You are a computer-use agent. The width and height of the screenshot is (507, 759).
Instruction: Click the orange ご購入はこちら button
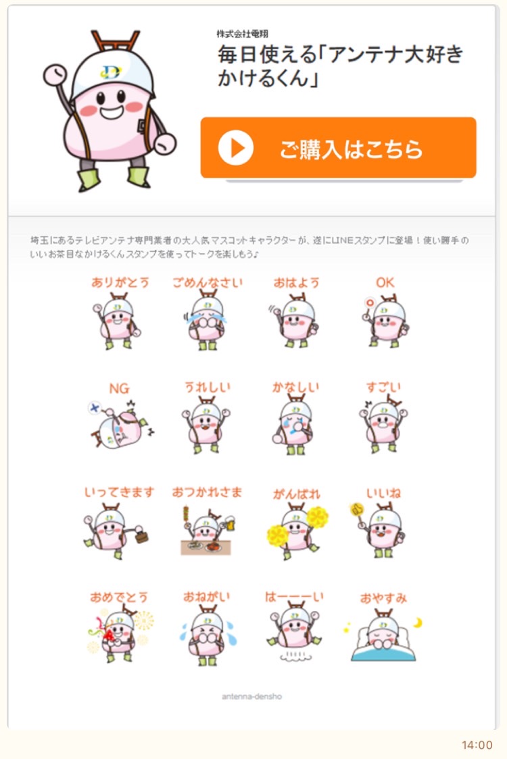pyautogui.click(x=338, y=147)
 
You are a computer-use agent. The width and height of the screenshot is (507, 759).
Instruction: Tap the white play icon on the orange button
pyautogui.click(x=236, y=148)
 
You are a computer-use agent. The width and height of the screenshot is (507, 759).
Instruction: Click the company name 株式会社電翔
pyautogui.click(x=243, y=33)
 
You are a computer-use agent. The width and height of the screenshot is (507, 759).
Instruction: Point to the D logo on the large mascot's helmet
pyautogui.click(x=111, y=72)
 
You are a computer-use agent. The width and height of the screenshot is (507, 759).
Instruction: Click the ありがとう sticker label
pyautogui.click(x=120, y=282)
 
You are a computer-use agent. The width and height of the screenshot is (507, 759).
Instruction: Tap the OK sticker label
pyautogui.click(x=385, y=282)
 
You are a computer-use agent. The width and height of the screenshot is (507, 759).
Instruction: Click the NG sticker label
pyautogui.click(x=119, y=388)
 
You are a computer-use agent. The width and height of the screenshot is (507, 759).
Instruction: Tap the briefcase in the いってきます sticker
pyautogui.click(x=141, y=535)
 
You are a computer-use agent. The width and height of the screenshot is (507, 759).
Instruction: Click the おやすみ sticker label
pyautogui.click(x=383, y=598)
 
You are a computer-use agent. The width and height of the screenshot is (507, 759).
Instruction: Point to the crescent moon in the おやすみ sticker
pyautogui.click(x=417, y=622)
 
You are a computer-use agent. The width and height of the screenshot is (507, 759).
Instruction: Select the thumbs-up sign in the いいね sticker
pyautogui.click(x=357, y=511)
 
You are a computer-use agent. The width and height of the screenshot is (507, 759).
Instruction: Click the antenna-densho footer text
pyautogui.click(x=251, y=697)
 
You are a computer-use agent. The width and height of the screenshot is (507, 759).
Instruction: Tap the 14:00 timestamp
pyautogui.click(x=477, y=745)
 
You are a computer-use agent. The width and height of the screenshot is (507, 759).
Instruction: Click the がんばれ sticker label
pyautogui.click(x=297, y=494)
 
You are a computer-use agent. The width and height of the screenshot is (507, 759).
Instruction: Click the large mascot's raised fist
pyautogui.click(x=55, y=74)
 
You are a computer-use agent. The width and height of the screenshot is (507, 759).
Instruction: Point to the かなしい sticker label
pyautogui.click(x=295, y=387)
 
